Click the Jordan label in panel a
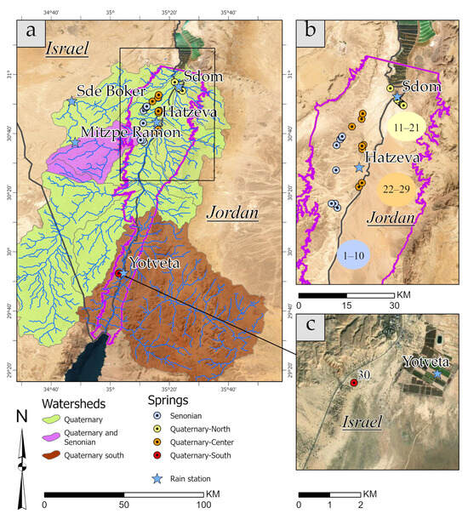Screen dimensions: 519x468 [230, 214]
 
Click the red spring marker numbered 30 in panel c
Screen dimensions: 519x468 [353, 383]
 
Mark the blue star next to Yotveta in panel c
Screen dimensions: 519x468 [437, 374]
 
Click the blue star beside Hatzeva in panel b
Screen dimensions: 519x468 [358, 168]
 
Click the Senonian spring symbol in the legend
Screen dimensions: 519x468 [157, 416]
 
